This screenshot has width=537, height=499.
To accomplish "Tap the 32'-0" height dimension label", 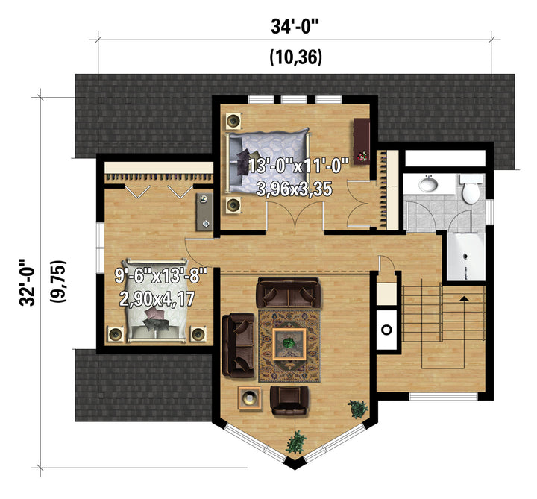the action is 28,282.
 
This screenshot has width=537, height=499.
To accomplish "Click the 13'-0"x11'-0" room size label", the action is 298,166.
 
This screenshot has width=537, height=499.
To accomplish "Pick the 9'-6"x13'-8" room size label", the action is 161,275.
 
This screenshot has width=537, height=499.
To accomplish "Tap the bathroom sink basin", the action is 428,184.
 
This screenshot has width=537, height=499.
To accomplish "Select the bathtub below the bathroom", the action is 465,256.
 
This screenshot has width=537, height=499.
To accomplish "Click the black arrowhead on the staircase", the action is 464,298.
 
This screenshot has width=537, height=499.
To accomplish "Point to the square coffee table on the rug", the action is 289,344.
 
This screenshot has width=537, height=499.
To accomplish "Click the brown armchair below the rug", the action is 289,400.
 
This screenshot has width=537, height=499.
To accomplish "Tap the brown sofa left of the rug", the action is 239,345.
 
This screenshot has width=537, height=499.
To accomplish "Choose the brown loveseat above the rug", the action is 289,293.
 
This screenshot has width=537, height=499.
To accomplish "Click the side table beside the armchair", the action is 250,398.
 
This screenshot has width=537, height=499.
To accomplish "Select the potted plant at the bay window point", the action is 296,442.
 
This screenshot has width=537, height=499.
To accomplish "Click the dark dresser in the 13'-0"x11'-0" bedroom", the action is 361,141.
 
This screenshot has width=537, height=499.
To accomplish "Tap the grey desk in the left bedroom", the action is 204,212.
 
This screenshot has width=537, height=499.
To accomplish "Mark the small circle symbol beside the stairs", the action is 386,330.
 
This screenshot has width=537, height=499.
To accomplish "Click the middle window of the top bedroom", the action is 294,99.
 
